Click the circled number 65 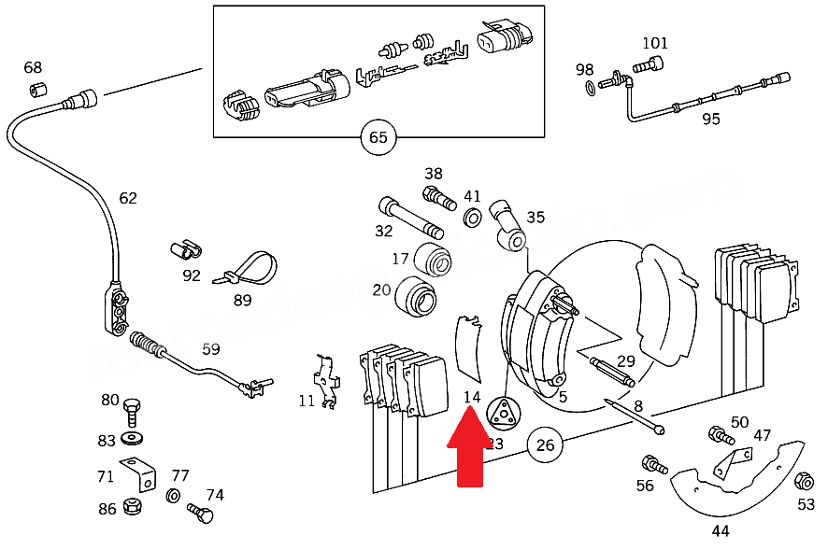pyautogui.click(x=378, y=138)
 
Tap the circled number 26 pyautogui.click(x=546, y=445)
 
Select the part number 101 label pyautogui.click(x=655, y=43)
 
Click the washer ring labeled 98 pyautogui.click(x=590, y=88)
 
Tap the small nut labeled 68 pyautogui.click(x=38, y=90)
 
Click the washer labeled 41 pyautogui.click(x=473, y=219)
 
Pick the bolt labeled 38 pyautogui.click(x=437, y=198)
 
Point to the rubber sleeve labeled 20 pyautogui.click(x=417, y=297)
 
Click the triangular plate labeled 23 pyautogui.click(x=502, y=412)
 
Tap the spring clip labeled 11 pyautogui.click(x=325, y=381)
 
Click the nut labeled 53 pyautogui.click(x=803, y=482)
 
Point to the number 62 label pyautogui.click(x=128, y=198)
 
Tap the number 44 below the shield pyautogui.click(x=720, y=531)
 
